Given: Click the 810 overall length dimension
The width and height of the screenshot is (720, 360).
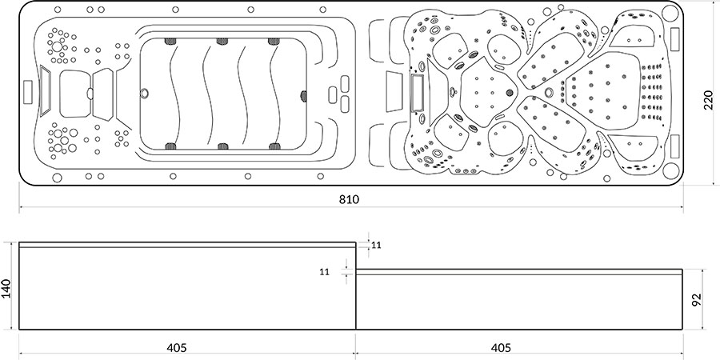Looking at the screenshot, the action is pyautogui.click(x=349, y=199).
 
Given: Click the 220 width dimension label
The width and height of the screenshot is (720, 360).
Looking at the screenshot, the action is pyautogui.click(x=708, y=100).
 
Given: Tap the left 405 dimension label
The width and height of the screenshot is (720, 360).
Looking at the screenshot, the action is pyautogui.click(x=177, y=348).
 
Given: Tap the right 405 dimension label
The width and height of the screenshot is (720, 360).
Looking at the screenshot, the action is pyautogui.click(x=501, y=348).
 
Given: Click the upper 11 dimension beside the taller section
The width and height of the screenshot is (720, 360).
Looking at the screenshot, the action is pyautogui.click(x=377, y=246).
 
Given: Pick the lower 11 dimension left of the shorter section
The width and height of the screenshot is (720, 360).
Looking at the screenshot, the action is pyautogui.click(x=325, y=272).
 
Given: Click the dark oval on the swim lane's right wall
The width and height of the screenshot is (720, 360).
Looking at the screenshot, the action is pyautogui.click(x=303, y=95).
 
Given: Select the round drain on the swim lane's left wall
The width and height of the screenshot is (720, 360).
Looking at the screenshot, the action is pyautogui.click(x=145, y=94).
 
